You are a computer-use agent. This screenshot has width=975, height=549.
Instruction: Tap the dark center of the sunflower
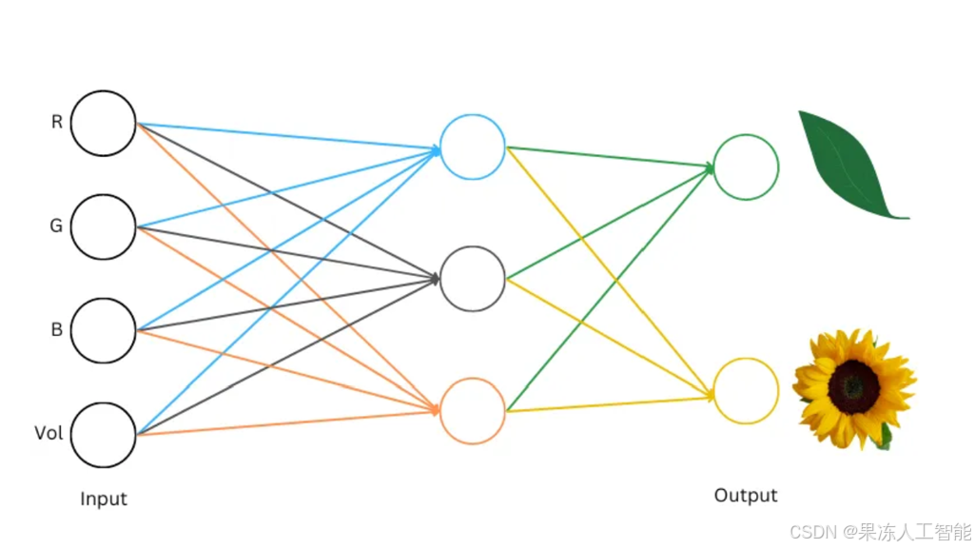854,386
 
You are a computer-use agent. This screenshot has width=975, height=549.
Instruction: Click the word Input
104,499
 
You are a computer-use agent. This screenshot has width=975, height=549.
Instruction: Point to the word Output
746,495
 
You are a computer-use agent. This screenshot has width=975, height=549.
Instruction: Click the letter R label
56,122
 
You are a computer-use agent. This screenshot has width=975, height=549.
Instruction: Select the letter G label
56,225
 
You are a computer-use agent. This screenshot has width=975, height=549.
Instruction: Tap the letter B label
56,329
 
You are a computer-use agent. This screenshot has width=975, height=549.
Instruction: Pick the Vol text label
49,433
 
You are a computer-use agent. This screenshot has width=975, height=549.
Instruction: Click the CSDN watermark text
880,532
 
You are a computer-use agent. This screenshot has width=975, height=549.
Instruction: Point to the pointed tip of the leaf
908,218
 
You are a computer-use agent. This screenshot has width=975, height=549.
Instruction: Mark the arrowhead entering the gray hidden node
435,279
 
